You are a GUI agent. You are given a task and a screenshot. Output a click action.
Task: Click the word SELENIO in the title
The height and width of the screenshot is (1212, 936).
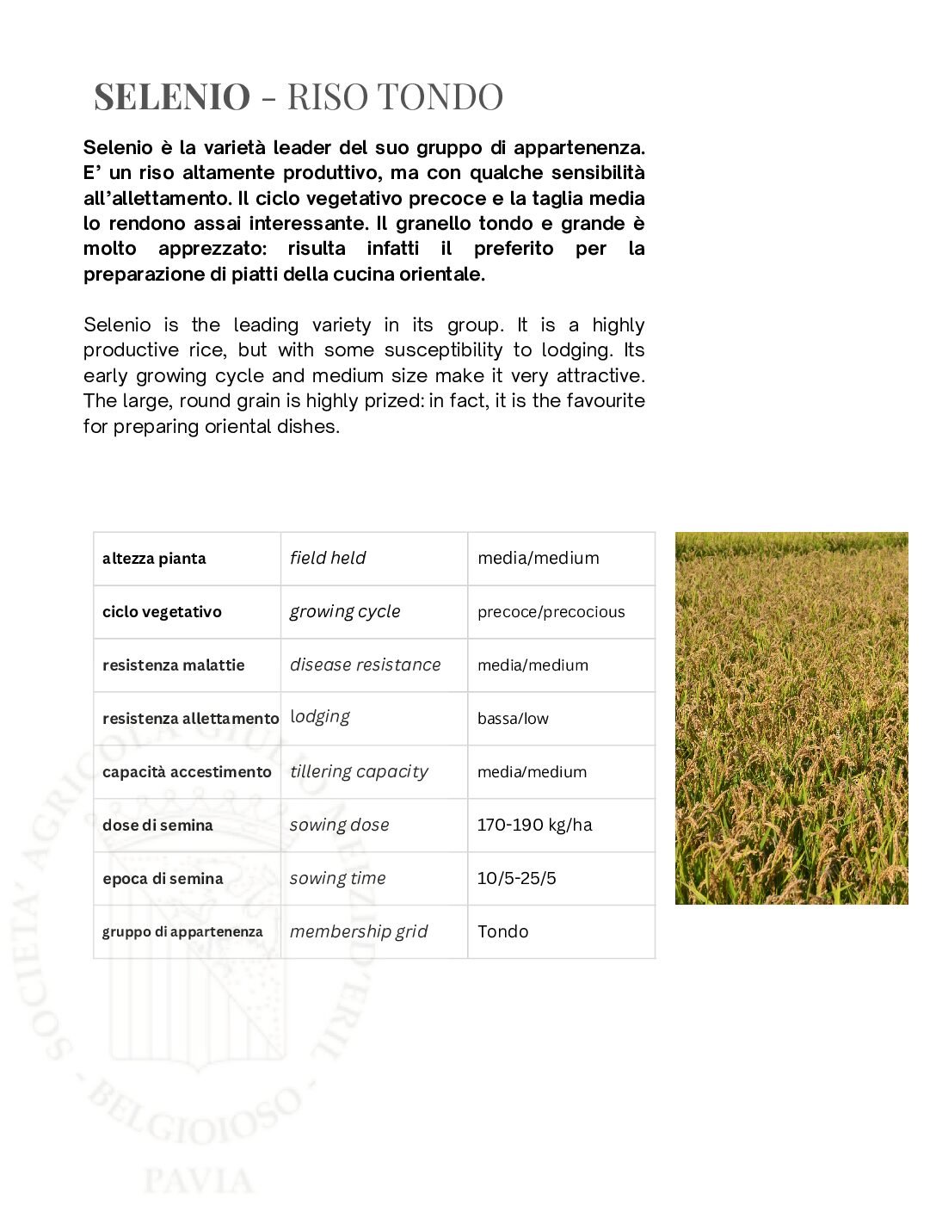coord(172,96)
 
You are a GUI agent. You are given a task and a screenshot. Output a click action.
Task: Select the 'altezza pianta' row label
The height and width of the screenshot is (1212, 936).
coord(154,559)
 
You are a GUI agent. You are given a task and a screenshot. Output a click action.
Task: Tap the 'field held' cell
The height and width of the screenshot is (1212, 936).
coord(328,558)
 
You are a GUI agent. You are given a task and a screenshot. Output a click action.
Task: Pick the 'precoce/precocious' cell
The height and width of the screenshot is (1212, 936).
coord(551,612)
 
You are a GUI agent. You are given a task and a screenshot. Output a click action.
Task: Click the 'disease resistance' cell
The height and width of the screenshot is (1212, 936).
coord(365,665)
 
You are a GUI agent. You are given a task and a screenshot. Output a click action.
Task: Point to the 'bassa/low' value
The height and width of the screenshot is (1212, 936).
coord(513,719)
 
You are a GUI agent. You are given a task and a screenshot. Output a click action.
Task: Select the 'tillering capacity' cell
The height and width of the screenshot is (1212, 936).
coord(359,771)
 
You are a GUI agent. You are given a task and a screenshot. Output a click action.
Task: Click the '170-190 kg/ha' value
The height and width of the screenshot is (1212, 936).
coord(534,825)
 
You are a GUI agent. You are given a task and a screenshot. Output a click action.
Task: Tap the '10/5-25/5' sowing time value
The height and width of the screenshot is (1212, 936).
coord(516,878)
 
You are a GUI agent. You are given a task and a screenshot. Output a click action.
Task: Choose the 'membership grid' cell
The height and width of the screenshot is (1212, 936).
coord(359,931)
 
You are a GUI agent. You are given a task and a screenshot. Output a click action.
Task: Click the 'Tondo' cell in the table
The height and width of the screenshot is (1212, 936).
coord(502,931)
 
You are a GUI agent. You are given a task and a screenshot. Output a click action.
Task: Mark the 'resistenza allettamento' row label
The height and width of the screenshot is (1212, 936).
coord(190,719)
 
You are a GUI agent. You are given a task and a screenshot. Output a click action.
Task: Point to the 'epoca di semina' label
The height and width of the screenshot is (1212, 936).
coord(163,879)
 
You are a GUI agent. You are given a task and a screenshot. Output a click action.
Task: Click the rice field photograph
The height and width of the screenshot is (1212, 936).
coord(791,718)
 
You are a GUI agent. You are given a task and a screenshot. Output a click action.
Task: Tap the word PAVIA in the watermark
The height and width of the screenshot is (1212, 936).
coord(199,1180)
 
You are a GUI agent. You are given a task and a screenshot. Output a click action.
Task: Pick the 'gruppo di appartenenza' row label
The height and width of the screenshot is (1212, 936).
coord(182,932)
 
